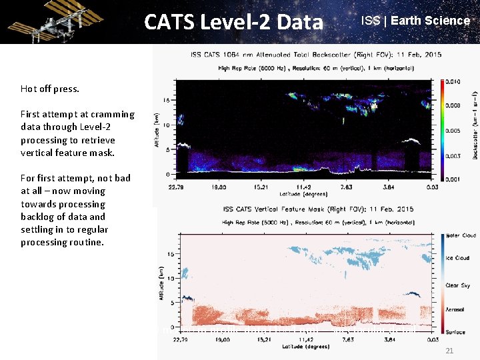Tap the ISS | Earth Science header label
pos(415,21)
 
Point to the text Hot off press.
pos(49,89)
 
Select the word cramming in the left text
pos(114,114)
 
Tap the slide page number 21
pos(449,351)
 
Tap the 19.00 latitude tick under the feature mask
pos(219,339)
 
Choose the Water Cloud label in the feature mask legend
pos(460,236)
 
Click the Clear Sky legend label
pos(459,285)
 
